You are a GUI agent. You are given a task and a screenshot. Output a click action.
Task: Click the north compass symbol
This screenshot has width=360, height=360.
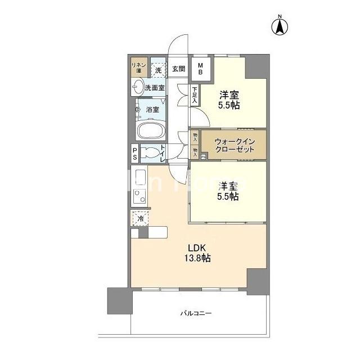tap(280, 25)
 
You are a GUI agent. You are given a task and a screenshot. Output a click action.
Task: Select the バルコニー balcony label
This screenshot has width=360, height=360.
tap(196, 313)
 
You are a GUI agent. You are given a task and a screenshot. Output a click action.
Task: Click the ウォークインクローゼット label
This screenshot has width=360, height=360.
tap(227, 146)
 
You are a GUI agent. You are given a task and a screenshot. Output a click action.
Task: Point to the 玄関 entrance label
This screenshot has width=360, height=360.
tap(178, 69)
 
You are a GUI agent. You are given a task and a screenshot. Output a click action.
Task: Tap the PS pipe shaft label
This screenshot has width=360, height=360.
tap(135, 154)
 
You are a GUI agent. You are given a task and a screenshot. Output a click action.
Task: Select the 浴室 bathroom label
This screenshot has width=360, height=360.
tap(152, 109)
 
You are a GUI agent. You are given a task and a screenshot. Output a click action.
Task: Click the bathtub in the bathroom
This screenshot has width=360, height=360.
tap(151, 131)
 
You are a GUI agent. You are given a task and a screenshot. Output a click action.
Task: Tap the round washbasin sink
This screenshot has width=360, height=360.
tap(138, 87)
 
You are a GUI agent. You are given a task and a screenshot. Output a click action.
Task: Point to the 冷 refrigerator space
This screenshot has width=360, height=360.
tap(139, 217)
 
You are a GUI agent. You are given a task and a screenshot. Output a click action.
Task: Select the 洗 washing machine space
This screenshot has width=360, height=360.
tap(159, 69)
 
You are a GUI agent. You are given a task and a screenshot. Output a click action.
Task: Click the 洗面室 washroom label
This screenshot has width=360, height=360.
tap(155, 87)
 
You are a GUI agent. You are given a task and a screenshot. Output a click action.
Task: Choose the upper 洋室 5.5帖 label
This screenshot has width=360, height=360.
tap(229, 100)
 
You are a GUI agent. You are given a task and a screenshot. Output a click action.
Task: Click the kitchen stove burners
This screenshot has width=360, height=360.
tap(139, 196)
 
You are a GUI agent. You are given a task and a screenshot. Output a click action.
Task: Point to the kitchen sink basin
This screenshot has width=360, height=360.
tap(138, 179)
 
